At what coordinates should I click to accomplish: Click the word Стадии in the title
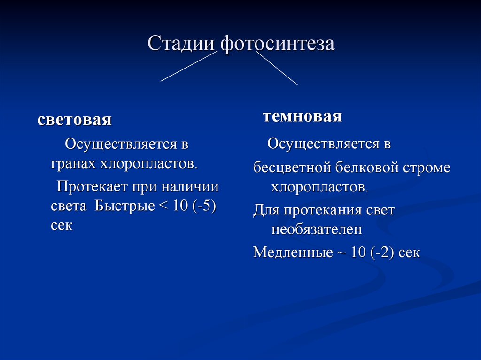[181, 44]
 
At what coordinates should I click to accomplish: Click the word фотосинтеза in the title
[278, 44]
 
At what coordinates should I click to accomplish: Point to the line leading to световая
[189, 66]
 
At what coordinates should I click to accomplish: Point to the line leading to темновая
[277, 68]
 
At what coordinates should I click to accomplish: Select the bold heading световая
[74, 120]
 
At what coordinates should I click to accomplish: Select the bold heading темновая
[303, 116]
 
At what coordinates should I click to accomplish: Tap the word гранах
[74, 164]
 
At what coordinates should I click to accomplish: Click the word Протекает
[92, 187]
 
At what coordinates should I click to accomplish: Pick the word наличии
[190, 187]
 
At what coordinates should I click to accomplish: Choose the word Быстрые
[124, 206]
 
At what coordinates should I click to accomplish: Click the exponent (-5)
[204, 206]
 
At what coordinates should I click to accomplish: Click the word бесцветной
[292, 168]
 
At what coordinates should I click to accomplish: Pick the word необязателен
[317, 230]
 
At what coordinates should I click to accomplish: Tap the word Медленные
[293, 253]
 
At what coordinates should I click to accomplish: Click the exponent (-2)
[382, 253]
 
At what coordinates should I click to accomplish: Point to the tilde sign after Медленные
[342, 253]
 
